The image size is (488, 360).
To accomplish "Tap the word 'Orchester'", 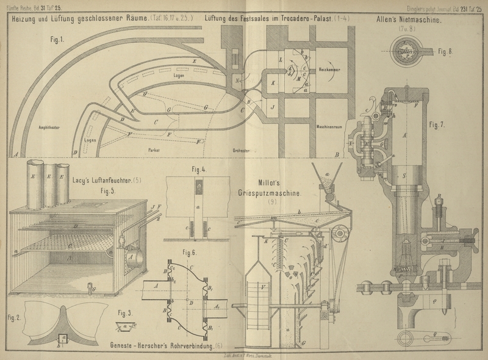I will click(243, 149).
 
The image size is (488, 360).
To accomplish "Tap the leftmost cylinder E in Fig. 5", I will click(33, 180).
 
